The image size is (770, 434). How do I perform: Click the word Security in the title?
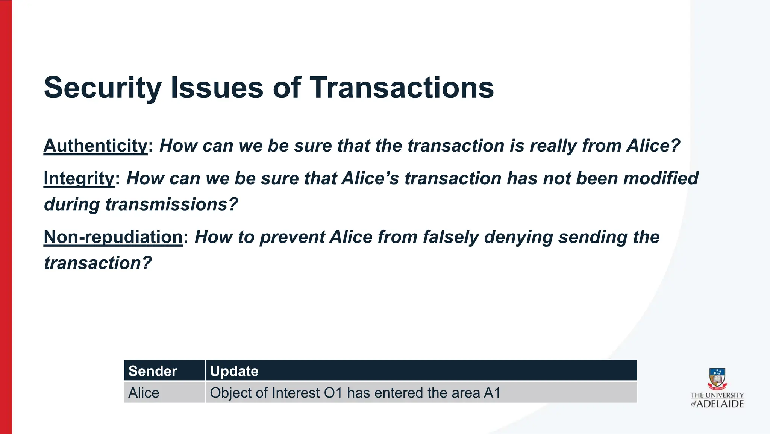pos(103,88)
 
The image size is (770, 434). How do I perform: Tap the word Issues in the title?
pos(217,88)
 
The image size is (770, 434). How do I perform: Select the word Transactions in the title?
pos(402,88)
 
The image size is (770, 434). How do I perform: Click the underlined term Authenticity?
pos(96,146)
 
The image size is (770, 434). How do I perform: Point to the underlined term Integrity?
pos(79,178)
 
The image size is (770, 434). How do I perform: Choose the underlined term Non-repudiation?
pos(113,237)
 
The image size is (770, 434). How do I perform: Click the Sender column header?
pos(153,371)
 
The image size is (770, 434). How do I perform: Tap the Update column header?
pos(234,371)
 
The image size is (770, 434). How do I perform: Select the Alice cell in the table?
pos(144,393)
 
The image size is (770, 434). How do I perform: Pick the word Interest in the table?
pos(296,393)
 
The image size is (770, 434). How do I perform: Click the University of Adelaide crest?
pos(717,379)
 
